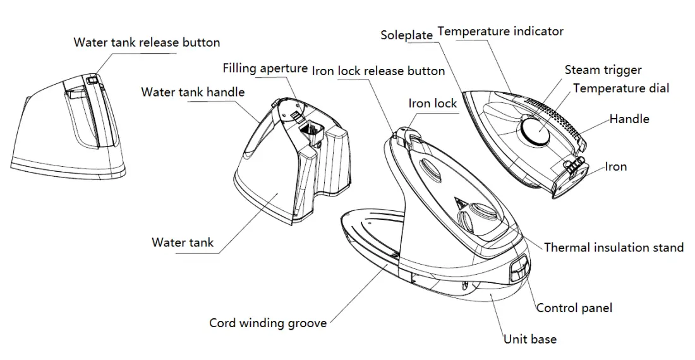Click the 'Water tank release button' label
point(147,43)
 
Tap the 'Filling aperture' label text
point(265,68)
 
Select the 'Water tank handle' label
point(193,92)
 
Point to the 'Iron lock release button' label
point(378,71)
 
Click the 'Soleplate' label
point(406,35)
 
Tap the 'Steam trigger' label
point(603,70)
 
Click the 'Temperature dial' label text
point(621,88)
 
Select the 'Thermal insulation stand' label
point(613,248)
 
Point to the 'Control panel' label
point(574,308)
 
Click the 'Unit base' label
point(530,339)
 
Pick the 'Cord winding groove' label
point(268,323)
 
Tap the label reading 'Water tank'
point(183,243)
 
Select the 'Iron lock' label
point(432,104)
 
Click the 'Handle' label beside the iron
point(629,119)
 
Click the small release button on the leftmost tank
point(92,80)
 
